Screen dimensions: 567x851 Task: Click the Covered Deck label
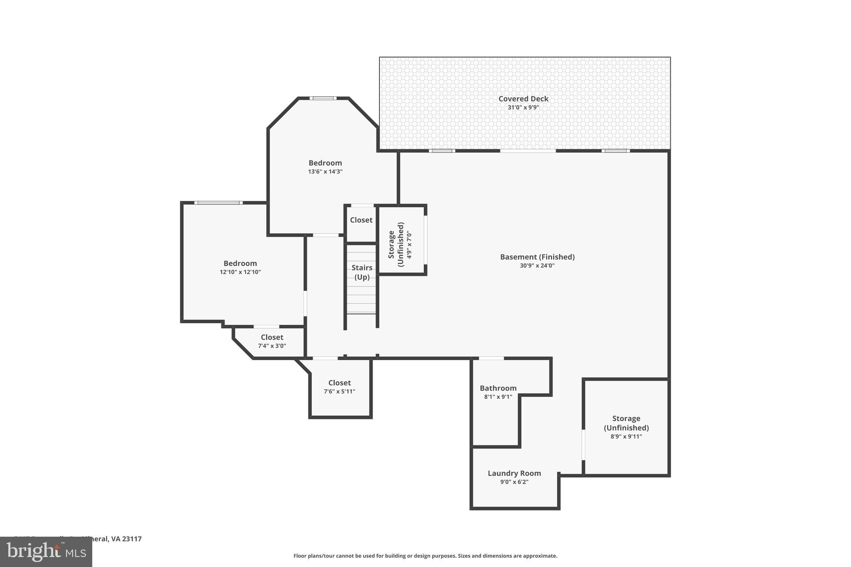click(x=523, y=99)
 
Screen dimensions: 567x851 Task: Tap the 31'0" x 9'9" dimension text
click(x=523, y=108)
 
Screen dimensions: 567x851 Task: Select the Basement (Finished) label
click(x=537, y=257)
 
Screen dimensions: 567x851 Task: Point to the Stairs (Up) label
click(x=362, y=272)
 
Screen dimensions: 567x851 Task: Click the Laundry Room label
click(x=514, y=473)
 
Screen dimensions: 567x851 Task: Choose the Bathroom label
click(x=498, y=388)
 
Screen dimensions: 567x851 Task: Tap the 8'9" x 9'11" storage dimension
click(x=626, y=437)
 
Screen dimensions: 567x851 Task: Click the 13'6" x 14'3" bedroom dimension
click(x=325, y=172)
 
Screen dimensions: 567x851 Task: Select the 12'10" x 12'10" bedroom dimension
click(x=240, y=272)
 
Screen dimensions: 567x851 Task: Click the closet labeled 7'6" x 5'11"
click(x=339, y=387)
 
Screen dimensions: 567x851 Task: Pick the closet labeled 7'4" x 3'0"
click(x=272, y=341)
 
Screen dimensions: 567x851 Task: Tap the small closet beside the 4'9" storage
click(x=361, y=220)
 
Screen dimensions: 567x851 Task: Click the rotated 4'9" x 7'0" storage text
click(x=409, y=245)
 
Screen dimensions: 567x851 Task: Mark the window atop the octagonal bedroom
click(x=323, y=98)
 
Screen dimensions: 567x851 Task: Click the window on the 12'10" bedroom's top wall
click(x=218, y=203)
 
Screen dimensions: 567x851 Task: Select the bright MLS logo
click(x=46, y=552)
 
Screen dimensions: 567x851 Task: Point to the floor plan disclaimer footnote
click(x=425, y=556)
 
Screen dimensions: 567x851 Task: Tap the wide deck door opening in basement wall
click(x=528, y=151)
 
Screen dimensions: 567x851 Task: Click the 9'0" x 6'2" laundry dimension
click(x=514, y=482)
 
